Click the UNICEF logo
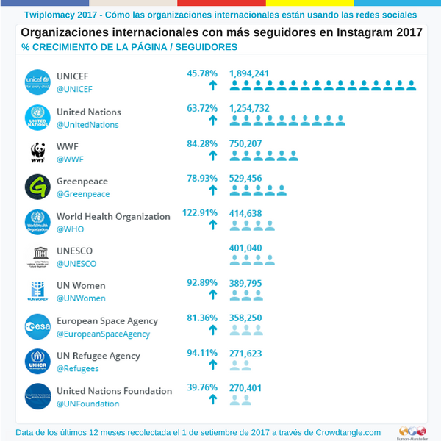[37, 82]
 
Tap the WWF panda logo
[37, 152]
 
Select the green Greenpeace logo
[37, 187]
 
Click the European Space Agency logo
[37, 327]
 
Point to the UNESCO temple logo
[37, 257]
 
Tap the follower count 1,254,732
[249, 109]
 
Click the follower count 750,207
[245, 143]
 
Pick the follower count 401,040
[245, 248]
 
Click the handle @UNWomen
[81, 298]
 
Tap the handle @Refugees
[77, 368]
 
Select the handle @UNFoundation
[87, 404]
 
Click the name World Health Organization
[113, 217]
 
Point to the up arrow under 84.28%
[213, 155]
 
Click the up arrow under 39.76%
[213, 399]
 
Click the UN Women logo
[37, 292]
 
